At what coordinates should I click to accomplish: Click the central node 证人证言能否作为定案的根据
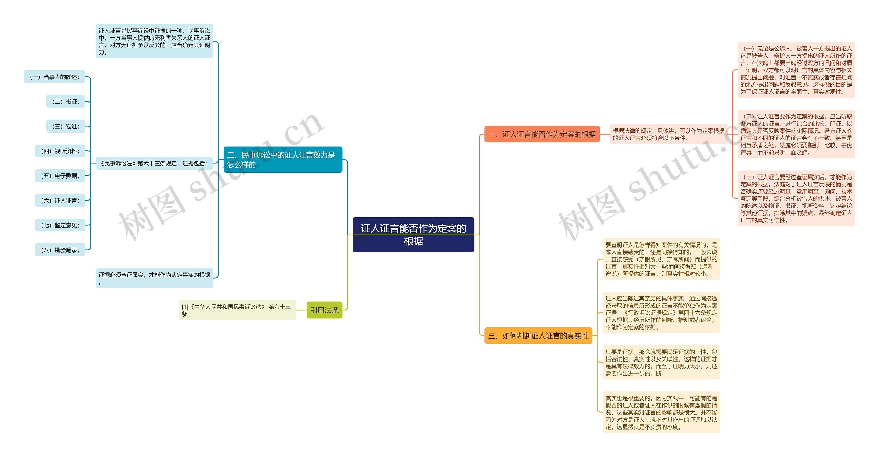(x=413, y=235)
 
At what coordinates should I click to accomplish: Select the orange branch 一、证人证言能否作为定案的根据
(x=541, y=134)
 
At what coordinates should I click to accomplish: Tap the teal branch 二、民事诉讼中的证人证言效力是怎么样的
(x=283, y=160)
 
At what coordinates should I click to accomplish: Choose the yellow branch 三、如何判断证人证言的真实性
(x=538, y=335)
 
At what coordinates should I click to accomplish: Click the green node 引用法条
(x=324, y=310)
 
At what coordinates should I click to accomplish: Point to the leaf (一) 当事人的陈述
(x=55, y=77)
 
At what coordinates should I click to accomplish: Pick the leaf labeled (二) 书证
(x=66, y=102)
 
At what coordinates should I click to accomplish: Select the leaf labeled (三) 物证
(x=66, y=126)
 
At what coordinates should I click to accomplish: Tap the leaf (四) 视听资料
(x=60, y=151)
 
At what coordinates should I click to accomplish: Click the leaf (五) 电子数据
(x=60, y=176)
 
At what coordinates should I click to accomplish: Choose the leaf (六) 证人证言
(x=60, y=201)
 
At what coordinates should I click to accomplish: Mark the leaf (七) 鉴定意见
(x=60, y=225)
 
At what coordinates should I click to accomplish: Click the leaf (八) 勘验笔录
(x=60, y=250)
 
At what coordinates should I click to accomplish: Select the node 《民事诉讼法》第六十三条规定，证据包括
(x=154, y=163)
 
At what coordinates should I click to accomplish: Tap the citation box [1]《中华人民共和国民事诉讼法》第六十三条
(x=237, y=310)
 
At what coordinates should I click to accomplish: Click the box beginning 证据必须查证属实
(x=154, y=278)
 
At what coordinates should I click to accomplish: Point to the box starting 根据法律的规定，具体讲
(x=668, y=134)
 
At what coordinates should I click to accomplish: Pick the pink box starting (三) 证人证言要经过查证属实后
(x=796, y=198)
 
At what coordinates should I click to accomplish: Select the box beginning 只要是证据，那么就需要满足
(x=661, y=363)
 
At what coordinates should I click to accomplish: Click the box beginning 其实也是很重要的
(x=661, y=412)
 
